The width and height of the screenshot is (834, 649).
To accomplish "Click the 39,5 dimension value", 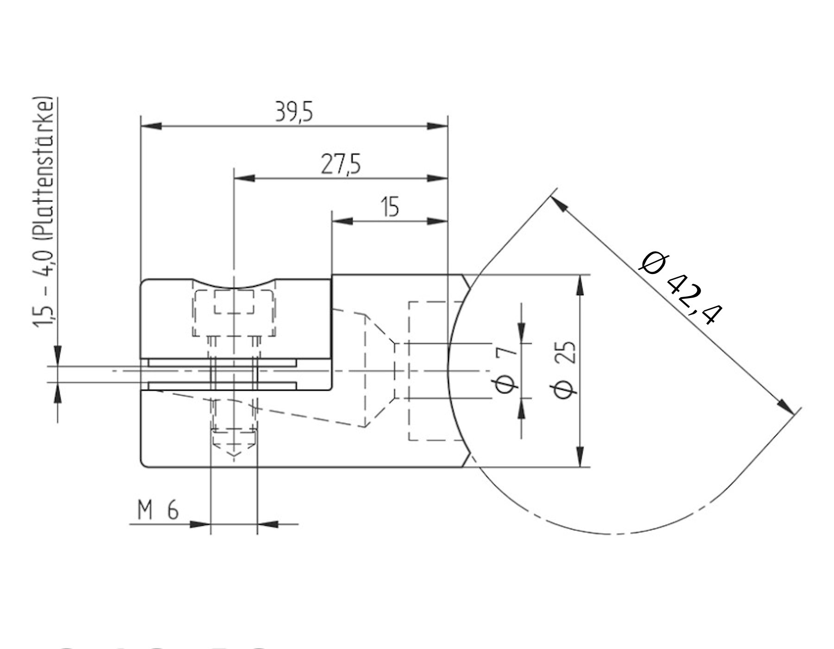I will pyautogui.click(x=294, y=113).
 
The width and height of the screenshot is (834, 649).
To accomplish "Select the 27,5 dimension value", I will pyautogui.click(x=341, y=166).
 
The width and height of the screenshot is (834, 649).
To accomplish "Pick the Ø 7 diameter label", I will pyautogui.click(x=506, y=371).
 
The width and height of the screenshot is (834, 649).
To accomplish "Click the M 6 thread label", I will pyautogui.click(x=158, y=511).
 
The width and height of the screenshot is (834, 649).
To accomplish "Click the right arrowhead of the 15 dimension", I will pyautogui.click(x=437, y=221).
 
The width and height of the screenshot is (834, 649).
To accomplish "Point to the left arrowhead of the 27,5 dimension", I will pyautogui.click(x=245, y=178).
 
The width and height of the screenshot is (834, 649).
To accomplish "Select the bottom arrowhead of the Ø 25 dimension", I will pyautogui.click(x=579, y=457).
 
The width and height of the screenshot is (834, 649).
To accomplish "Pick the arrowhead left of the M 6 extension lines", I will pyautogui.click(x=200, y=524).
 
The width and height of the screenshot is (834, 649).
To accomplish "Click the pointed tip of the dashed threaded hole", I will pyautogui.click(x=234, y=457).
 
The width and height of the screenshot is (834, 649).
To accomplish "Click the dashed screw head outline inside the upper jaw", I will pyautogui.click(x=234, y=313).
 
